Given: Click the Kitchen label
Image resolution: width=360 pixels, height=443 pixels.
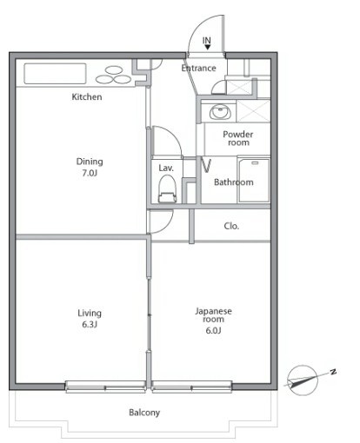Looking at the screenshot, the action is tap(87, 96).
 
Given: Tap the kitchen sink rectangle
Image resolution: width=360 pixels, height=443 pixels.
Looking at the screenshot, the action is tap(55, 74).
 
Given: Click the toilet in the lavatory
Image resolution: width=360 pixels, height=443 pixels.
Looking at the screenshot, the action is tap(167, 189).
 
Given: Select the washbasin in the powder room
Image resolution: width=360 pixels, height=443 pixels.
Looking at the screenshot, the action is tap(221, 112).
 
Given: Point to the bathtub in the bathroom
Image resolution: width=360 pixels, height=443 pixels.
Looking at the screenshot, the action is tap(254, 180).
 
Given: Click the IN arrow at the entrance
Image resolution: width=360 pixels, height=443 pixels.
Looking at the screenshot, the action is tap(207, 47).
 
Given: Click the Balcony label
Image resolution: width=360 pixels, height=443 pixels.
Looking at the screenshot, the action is tap(144, 413).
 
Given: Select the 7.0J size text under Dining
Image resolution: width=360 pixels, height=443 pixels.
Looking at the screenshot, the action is tap(90, 173).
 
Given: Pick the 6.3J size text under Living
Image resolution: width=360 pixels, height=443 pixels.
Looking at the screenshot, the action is tap(90, 325).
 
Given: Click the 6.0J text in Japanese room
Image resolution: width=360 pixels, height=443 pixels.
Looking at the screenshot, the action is tap(213, 330).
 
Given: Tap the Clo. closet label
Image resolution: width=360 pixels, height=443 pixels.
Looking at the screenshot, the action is tap(231, 226).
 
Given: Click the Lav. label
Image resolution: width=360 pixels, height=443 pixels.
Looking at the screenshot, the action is tap(166, 168).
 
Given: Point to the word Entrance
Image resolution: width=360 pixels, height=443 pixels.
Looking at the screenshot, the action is tap(199, 69).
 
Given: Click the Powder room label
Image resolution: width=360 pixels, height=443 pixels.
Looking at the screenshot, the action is tap(238, 138).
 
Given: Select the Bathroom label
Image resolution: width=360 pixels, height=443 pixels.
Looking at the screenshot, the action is tap(234, 182).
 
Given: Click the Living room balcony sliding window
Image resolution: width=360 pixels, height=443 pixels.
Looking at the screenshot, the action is tap(106, 387).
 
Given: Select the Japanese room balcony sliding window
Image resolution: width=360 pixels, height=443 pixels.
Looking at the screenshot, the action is tap(191, 387).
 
